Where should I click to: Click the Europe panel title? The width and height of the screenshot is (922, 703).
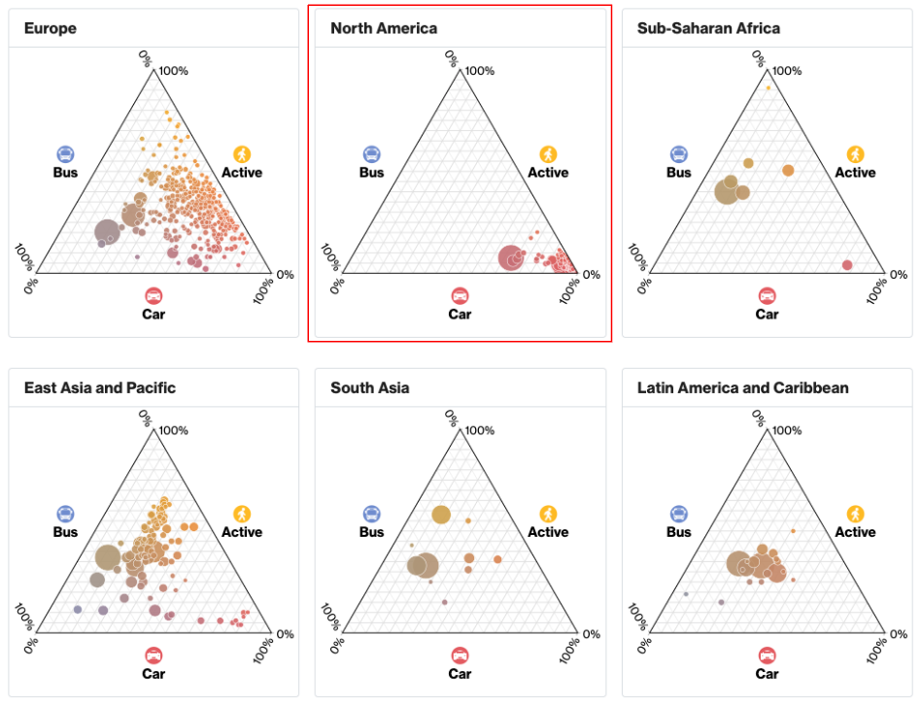pyautogui.click(x=51, y=28)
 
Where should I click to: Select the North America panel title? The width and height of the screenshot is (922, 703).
pyautogui.click(x=384, y=28)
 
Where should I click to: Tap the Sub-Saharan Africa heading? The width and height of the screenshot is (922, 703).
pyautogui.click(x=708, y=28)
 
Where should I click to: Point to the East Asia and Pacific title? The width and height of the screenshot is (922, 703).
pyautogui.click(x=100, y=387)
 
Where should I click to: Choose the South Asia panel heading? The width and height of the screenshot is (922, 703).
pyautogui.click(x=370, y=387)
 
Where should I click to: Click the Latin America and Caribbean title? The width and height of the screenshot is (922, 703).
pyautogui.click(x=743, y=387)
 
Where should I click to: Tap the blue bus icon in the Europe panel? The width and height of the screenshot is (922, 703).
pyautogui.click(x=65, y=154)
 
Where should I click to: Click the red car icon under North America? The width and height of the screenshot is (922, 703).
pyautogui.click(x=460, y=295)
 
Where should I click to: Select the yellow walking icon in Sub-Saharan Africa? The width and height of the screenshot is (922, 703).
pyautogui.click(x=855, y=154)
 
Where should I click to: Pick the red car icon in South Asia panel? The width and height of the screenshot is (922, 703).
pyautogui.click(x=460, y=654)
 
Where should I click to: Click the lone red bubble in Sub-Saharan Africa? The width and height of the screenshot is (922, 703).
pyautogui.click(x=847, y=265)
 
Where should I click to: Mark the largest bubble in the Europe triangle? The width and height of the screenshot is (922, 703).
pyautogui.click(x=108, y=232)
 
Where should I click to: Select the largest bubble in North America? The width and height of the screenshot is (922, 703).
pyautogui.click(x=511, y=258)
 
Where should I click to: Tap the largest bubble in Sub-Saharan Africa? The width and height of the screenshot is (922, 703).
pyautogui.click(x=727, y=191)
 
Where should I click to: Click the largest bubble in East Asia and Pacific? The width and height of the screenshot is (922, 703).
pyautogui.click(x=108, y=557)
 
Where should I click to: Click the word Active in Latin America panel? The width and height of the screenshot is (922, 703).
pyautogui.click(x=855, y=532)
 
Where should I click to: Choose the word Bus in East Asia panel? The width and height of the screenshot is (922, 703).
pyautogui.click(x=65, y=532)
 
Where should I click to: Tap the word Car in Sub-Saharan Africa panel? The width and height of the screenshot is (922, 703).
pyautogui.click(x=767, y=314)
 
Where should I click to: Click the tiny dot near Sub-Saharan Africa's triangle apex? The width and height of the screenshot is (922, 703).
pyautogui.click(x=768, y=87)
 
